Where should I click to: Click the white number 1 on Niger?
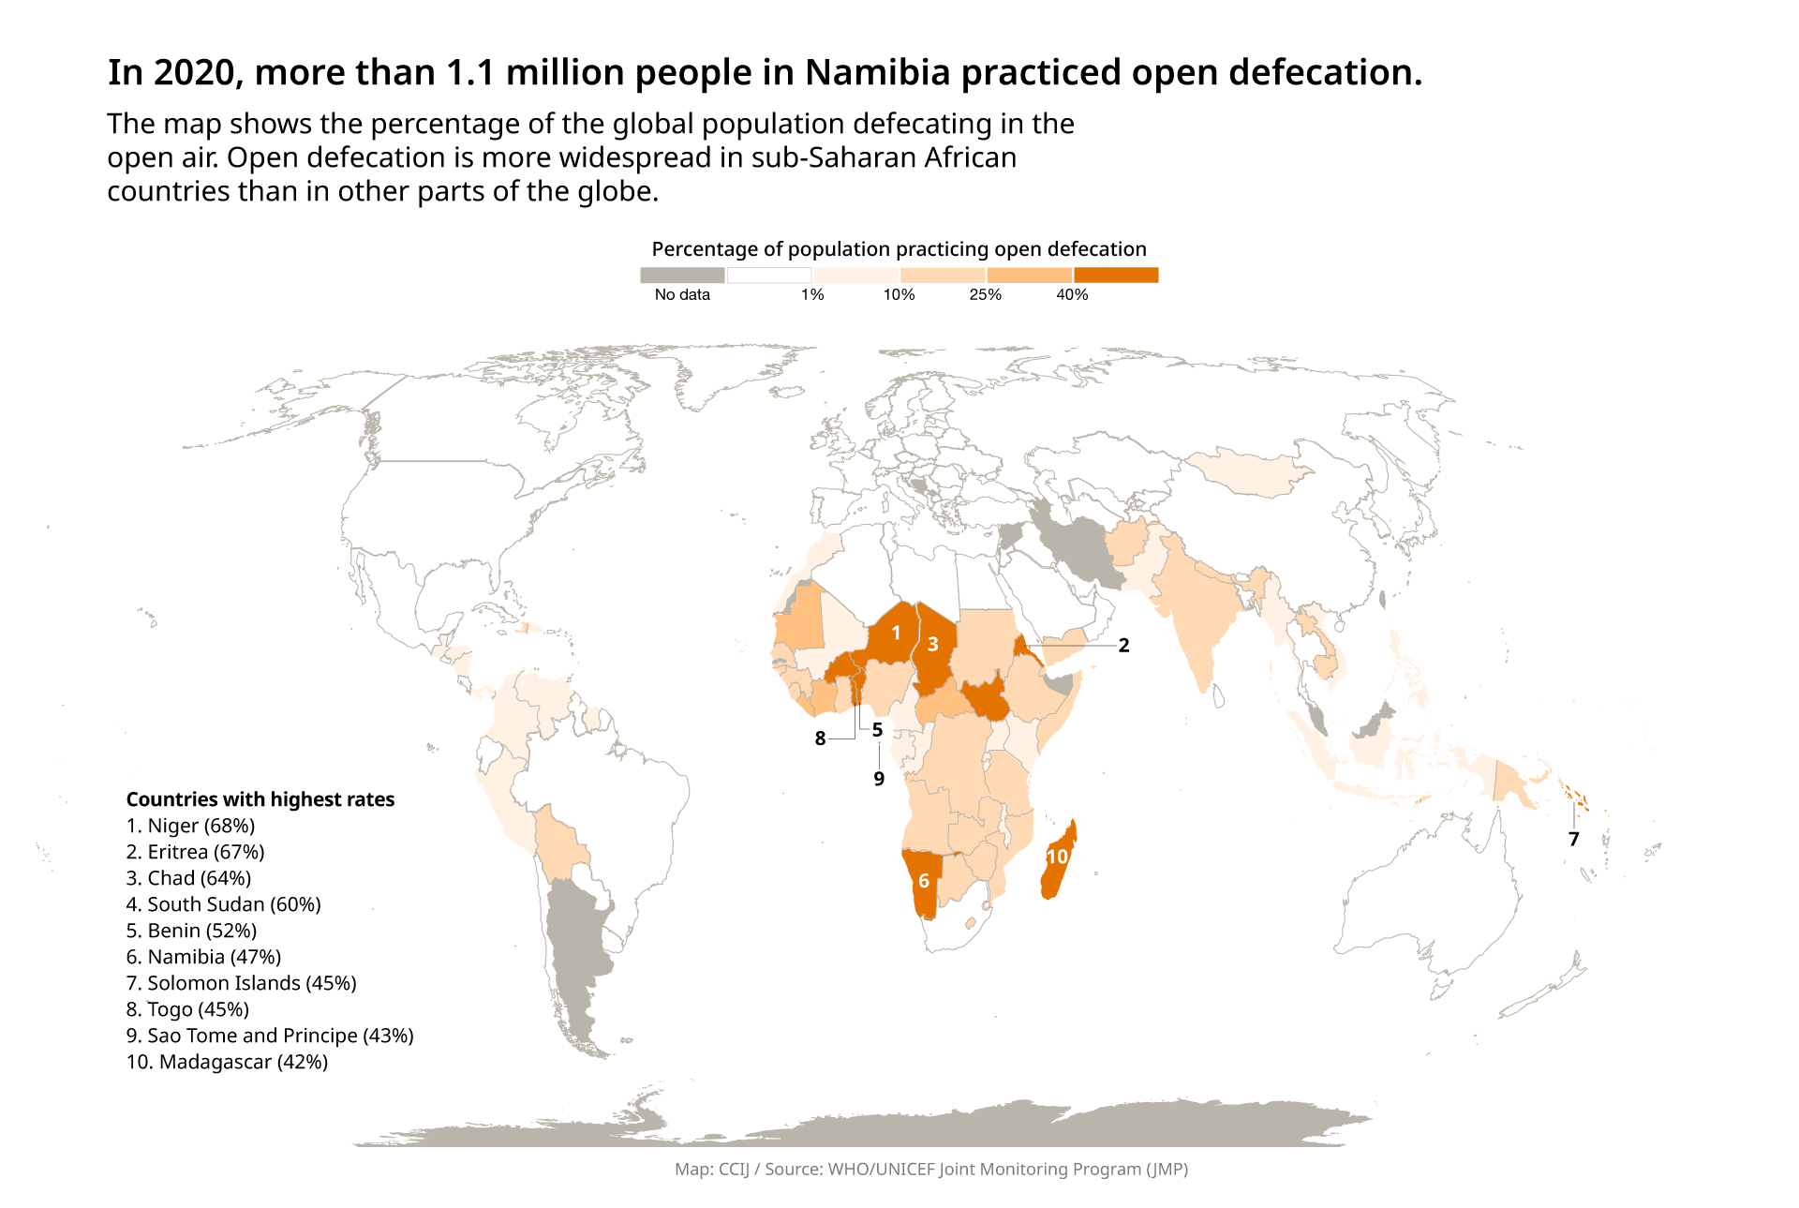pyautogui.click(x=896, y=634)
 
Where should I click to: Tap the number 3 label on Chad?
pyautogui.click(x=932, y=645)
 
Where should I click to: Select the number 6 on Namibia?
pyautogui.click(x=924, y=881)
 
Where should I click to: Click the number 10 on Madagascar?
pyautogui.click(x=1057, y=857)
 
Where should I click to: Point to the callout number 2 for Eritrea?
pyautogui.click(x=1123, y=646)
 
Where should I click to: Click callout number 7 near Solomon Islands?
pyautogui.click(x=1574, y=840)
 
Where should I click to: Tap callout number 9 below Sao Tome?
pyautogui.click(x=879, y=779)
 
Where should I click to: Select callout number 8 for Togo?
pyautogui.click(x=820, y=738)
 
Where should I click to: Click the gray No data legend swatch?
pyautogui.click(x=682, y=275)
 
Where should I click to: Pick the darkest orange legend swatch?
pyautogui.click(x=1116, y=275)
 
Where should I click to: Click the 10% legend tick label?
pyautogui.click(x=899, y=295)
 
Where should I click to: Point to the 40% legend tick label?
pyautogui.click(x=1072, y=295)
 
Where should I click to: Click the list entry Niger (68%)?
pyautogui.click(x=191, y=826)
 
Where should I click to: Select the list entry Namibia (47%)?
pyautogui.click(x=204, y=957)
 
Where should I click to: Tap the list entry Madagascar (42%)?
pyautogui.click(x=228, y=1062)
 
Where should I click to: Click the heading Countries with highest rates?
pyautogui.click(x=260, y=799)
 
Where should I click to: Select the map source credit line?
pyautogui.click(x=931, y=1169)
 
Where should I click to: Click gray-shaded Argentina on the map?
pyautogui.click(x=573, y=956)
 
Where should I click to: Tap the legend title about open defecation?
pyautogui.click(x=899, y=249)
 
